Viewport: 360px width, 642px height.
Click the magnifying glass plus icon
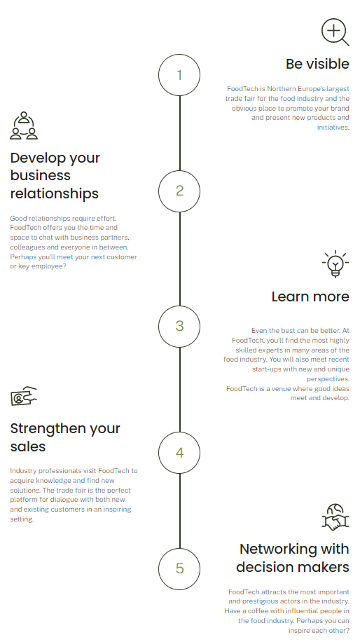tap(335, 32)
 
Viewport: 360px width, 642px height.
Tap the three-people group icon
tap(24, 125)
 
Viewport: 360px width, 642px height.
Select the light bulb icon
tap(335, 264)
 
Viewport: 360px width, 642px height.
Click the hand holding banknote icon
tap(23, 396)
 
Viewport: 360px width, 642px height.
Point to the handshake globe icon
tap(335, 517)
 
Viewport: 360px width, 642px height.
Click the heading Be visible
tap(317, 64)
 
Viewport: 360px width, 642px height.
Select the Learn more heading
tap(310, 296)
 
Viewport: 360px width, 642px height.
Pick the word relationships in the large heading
tap(55, 193)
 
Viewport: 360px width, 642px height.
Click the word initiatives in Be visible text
tap(333, 128)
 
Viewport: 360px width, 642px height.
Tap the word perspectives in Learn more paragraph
tap(328, 379)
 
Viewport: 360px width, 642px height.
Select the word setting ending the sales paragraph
tap(22, 519)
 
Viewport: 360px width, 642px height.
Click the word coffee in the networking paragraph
tap(258, 611)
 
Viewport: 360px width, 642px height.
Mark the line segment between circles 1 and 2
tap(179, 133)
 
